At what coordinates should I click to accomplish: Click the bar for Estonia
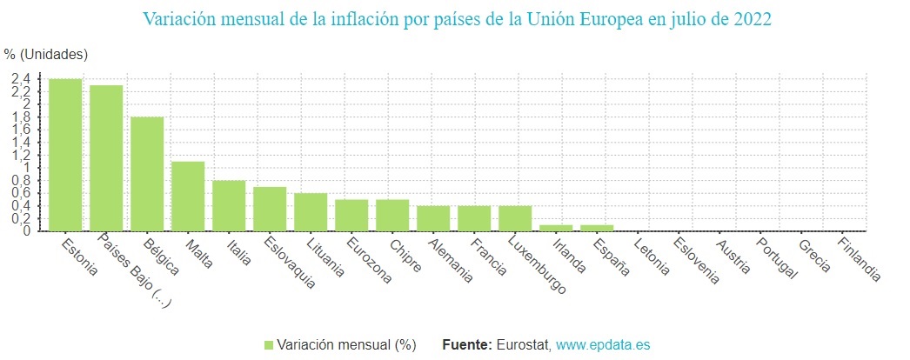[x=65, y=155]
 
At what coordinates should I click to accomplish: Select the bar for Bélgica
[x=147, y=174]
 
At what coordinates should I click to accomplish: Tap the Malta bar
[x=188, y=196]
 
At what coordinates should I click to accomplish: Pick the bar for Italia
[x=229, y=205]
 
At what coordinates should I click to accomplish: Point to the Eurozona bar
[x=351, y=215]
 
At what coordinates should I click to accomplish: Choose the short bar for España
[x=597, y=228]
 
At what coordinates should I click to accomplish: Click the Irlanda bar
[x=556, y=228]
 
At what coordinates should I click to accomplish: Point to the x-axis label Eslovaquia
[x=289, y=263]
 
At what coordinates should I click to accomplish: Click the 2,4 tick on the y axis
[x=21, y=79]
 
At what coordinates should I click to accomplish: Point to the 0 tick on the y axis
[x=28, y=231]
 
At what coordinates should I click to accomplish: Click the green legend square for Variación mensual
[x=269, y=345]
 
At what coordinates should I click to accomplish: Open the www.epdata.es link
[x=602, y=345]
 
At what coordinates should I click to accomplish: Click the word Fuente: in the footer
[x=467, y=345]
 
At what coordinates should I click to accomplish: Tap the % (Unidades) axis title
[x=45, y=54]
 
